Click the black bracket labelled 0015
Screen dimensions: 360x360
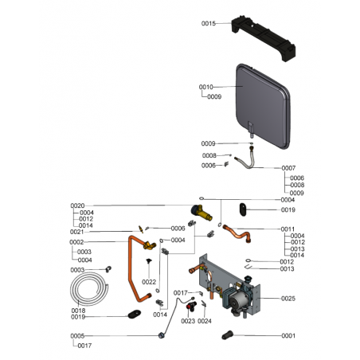[x=263, y=37]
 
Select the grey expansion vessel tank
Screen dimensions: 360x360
[x=263, y=106]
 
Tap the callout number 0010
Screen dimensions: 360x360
[x=206, y=87]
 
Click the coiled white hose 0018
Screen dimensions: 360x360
[x=89, y=289]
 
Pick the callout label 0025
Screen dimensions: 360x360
[x=288, y=299]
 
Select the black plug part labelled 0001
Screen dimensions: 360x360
[x=227, y=335]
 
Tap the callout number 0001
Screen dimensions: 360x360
[x=288, y=336]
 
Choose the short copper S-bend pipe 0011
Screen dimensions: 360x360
[x=237, y=233]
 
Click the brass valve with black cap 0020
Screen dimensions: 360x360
[x=202, y=213]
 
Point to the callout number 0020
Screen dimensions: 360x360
[x=77, y=205]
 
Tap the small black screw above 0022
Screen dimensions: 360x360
[x=149, y=261]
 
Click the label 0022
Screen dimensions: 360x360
[x=149, y=282]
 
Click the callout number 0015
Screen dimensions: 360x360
[x=209, y=24]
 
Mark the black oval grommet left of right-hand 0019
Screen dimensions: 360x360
[x=243, y=209]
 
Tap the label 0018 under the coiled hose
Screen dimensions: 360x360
[x=78, y=311]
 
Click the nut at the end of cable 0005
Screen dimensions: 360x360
[x=161, y=335]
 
